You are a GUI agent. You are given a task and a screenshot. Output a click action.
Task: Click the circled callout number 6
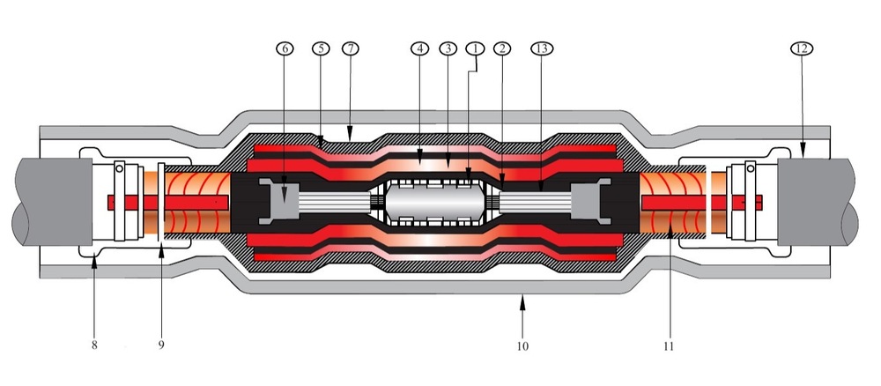tap(285, 48)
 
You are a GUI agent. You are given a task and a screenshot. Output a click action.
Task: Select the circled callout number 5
tap(321, 48)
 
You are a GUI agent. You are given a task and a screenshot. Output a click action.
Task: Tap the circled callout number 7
tap(351, 48)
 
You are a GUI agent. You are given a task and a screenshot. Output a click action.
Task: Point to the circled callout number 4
tap(419, 48)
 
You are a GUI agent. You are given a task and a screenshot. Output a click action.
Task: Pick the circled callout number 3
tap(448, 48)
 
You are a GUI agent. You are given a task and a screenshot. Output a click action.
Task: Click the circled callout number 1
tap(476, 48)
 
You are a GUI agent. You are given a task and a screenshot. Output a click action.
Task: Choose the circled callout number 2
tap(502, 48)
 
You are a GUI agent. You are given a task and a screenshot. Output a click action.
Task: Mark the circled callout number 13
tap(542, 48)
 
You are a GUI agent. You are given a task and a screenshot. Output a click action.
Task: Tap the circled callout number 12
tap(801, 48)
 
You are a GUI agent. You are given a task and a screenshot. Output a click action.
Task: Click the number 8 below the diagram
tap(94, 345)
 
